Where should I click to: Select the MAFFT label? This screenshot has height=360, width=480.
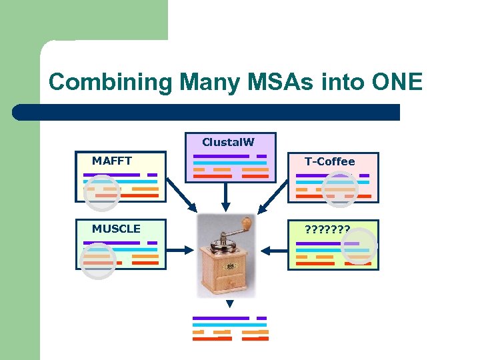click(x=111, y=161)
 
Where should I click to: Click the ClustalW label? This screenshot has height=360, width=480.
click(x=228, y=142)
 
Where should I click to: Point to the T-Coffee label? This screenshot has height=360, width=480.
click(x=329, y=161)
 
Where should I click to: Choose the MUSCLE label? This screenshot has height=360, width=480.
click(x=116, y=229)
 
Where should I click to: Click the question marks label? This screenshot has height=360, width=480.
click(x=327, y=229)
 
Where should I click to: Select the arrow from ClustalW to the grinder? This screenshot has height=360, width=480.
click(x=227, y=197)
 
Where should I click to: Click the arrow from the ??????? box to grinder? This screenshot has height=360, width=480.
click(x=273, y=251)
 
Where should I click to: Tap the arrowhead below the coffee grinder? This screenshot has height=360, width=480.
click(x=229, y=304)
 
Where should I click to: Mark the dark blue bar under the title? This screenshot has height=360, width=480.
click(x=207, y=112)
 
